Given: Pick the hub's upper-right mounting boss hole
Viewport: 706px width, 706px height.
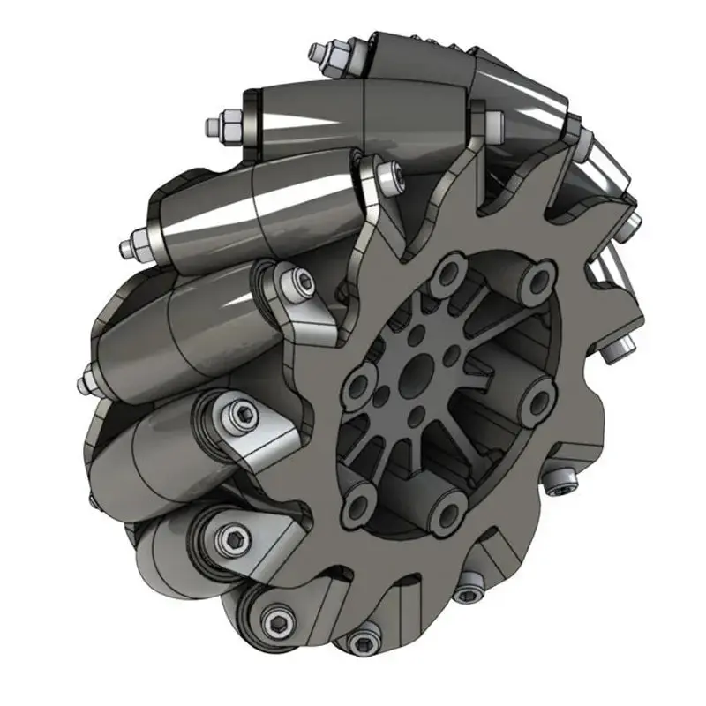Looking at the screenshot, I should click(x=536, y=281).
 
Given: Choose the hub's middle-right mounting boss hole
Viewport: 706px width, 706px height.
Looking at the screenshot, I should click(x=538, y=399).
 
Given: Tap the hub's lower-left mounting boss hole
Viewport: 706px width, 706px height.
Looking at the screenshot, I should click(x=357, y=504).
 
